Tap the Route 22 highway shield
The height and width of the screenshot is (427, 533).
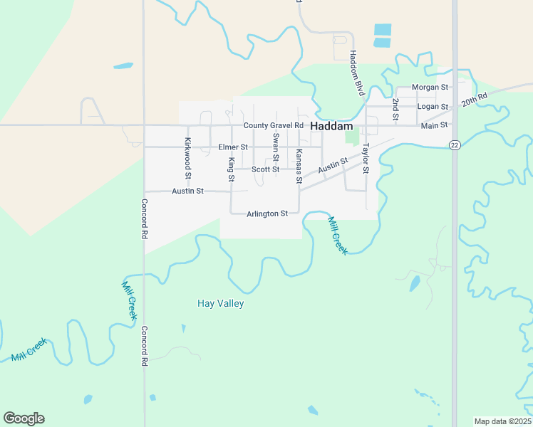455,144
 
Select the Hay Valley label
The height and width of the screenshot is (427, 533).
220,304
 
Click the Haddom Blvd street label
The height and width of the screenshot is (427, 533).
356,74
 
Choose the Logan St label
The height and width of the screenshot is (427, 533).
433,107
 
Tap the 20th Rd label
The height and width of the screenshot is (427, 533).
474,99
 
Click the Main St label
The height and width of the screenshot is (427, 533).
434,125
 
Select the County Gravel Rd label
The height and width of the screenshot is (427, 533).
274,126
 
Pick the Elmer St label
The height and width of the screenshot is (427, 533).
233,147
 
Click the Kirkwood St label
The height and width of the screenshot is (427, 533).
188,158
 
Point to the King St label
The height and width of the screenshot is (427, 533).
231,165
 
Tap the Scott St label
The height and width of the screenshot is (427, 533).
266,169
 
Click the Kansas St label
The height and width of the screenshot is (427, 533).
299,164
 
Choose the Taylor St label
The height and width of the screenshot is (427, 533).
366,159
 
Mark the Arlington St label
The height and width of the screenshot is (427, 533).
267,213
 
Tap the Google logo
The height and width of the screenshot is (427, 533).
24,418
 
